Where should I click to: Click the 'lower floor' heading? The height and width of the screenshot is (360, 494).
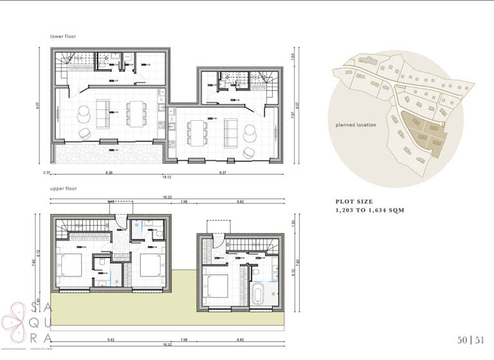pyautogui.click(x=63, y=37)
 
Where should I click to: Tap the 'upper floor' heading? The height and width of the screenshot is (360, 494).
pyautogui.click(x=63, y=190)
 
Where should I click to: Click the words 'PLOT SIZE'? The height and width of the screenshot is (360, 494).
pyautogui.click(x=354, y=202)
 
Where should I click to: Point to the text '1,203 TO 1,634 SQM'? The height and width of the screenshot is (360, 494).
pyautogui.click(x=369, y=210)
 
